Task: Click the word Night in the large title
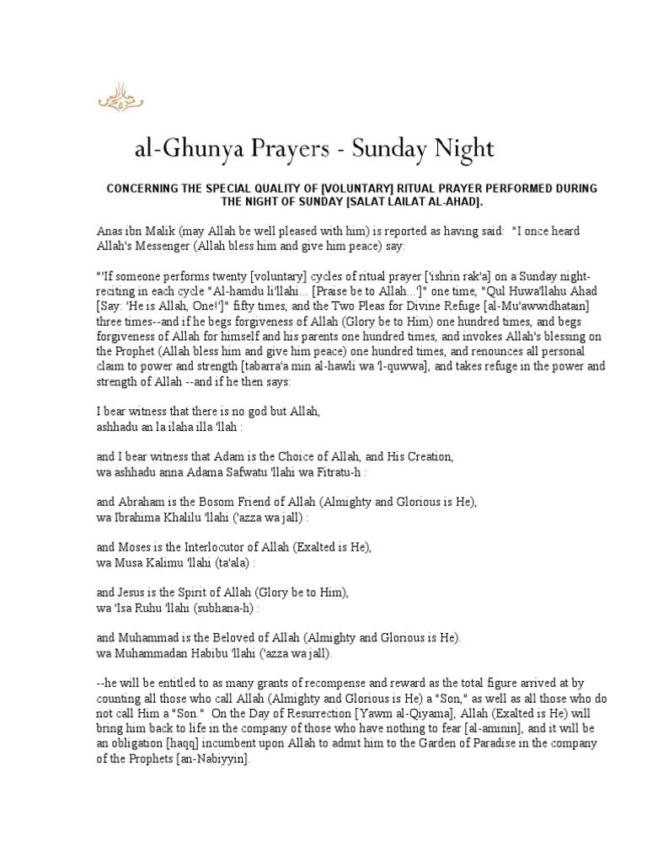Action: (x=463, y=150)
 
